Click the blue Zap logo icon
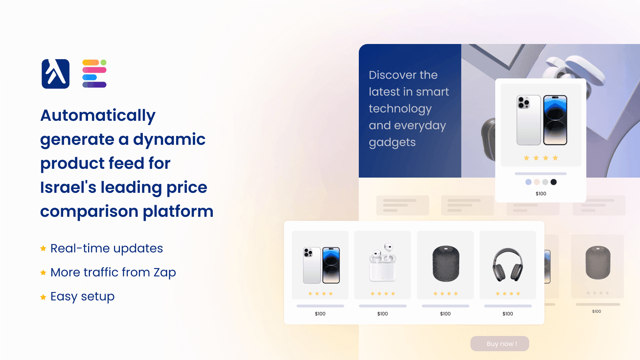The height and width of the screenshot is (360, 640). click(x=56, y=74)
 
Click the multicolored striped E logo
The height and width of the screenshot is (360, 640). click(x=94, y=74)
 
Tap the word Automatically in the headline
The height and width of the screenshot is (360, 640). click(x=98, y=116)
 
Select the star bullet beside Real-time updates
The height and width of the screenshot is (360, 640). click(x=43, y=248)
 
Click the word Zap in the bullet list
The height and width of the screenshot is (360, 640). click(x=165, y=272)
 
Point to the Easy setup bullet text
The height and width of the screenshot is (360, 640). click(x=82, y=296)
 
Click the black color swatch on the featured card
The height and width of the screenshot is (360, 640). click(x=554, y=182)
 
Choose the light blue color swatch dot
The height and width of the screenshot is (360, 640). click(x=528, y=182)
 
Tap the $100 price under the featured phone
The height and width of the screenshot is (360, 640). click(x=541, y=194)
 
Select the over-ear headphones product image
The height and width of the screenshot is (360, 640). click(x=508, y=264)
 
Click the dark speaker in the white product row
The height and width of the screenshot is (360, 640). click(x=446, y=264)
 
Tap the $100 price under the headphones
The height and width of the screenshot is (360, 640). click(x=508, y=314)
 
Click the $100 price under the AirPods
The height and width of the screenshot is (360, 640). click(x=382, y=314)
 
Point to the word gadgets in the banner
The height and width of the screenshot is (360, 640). click(x=392, y=142)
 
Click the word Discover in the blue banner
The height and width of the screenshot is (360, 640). click(x=392, y=75)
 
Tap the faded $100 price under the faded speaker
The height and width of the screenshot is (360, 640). click(x=596, y=312)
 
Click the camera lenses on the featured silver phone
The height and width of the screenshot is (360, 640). click(x=524, y=103)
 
